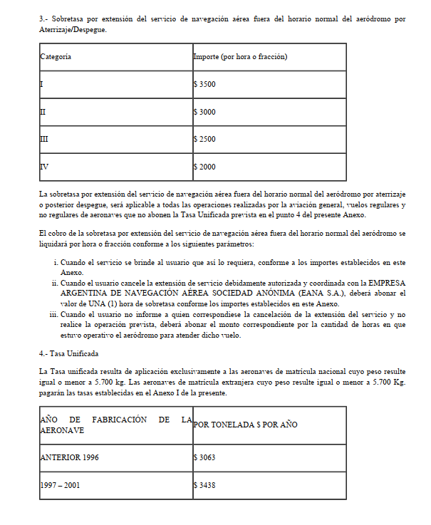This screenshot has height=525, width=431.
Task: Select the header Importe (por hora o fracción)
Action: (240, 56)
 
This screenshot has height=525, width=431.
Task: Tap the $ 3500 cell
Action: (204, 84)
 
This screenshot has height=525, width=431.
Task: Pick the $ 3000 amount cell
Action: (204, 112)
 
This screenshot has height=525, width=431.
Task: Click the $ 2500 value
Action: (204, 139)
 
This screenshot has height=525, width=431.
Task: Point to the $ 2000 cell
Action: (204, 167)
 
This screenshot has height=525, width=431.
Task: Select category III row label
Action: (44, 139)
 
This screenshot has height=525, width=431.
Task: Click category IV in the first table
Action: (44, 167)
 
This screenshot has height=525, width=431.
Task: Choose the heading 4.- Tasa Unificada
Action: (68, 353)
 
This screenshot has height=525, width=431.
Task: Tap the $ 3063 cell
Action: (204, 457)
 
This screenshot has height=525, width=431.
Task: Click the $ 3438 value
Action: (204, 485)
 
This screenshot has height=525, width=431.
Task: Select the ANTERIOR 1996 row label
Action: (70, 457)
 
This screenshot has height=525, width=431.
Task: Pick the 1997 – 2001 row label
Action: (60, 485)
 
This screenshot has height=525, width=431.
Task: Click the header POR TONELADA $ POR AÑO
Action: (245, 425)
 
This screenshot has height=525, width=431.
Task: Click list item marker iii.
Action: (53, 313)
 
